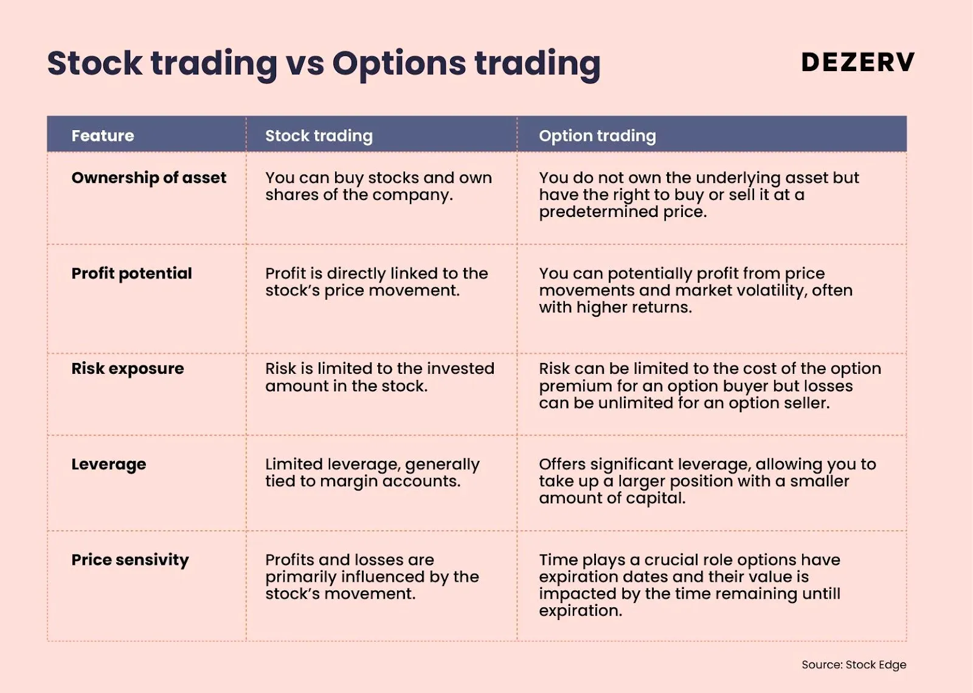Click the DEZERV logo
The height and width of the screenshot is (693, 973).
tap(858, 61)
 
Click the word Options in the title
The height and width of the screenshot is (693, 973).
tap(399, 64)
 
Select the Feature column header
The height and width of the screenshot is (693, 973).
tap(103, 136)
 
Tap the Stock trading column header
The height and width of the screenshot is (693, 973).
tap(319, 136)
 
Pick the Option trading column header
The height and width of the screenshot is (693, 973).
tap(597, 136)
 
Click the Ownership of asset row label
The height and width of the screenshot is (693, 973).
tap(148, 178)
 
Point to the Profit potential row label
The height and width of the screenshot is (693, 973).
tap(131, 273)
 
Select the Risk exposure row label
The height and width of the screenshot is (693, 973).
tap(128, 368)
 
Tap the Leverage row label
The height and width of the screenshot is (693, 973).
tap(109, 464)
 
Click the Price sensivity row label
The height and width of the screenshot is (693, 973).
tap(130, 560)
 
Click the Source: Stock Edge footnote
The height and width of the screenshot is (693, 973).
tap(854, 665)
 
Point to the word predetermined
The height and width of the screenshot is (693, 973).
tap(598, 212)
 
